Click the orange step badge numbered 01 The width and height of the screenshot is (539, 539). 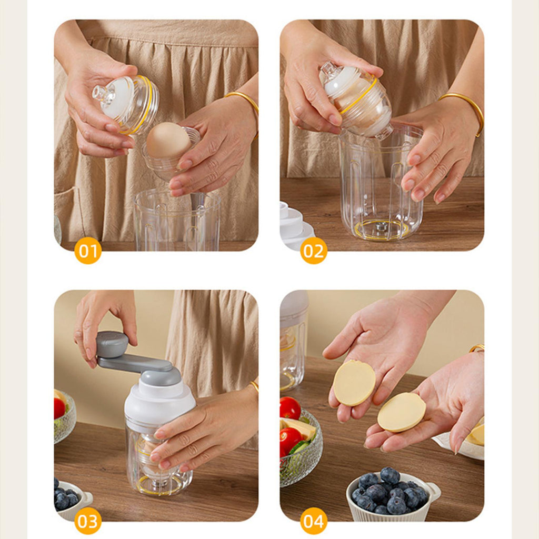click(x=88, y=251)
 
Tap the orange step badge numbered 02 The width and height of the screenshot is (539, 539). click(x=314, y=251)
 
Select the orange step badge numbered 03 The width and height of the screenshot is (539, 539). click(x=88, y=521)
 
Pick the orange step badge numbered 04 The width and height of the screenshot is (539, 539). click(x=314, y=521)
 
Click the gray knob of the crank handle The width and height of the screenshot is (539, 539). click(x=112, y=344)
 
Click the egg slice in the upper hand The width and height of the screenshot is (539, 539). click(x=354, y=383)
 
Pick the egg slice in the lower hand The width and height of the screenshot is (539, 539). click(x=402, y=412)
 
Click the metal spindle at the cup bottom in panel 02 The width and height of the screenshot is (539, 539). click(x=381, y=226)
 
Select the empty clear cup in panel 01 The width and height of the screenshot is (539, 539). click(x=177, y=220)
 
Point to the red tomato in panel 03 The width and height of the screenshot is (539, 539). click(x=59, y=408)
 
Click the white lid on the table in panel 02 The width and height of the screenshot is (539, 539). click(x=296, y=225)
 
